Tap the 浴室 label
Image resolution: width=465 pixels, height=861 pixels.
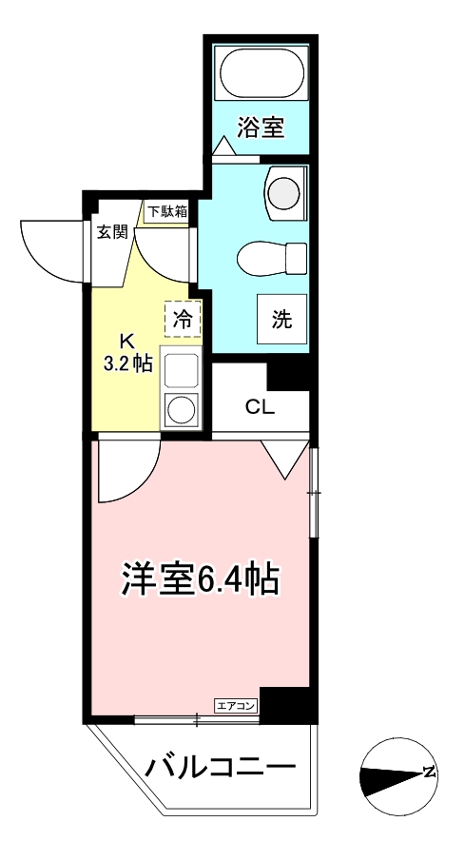[260, 127]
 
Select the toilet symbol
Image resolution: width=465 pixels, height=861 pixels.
[271, 257]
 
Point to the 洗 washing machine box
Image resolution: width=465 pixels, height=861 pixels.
[282, 320]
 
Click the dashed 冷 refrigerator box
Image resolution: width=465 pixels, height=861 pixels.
[184, 320]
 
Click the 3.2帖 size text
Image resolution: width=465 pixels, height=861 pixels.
[127, 364]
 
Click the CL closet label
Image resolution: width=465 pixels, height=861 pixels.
[260, 408]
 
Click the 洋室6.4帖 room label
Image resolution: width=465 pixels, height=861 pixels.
[200, 577]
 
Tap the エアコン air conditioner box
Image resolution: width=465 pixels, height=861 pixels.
[236, 705]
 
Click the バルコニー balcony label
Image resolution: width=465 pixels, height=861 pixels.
[221, 766]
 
